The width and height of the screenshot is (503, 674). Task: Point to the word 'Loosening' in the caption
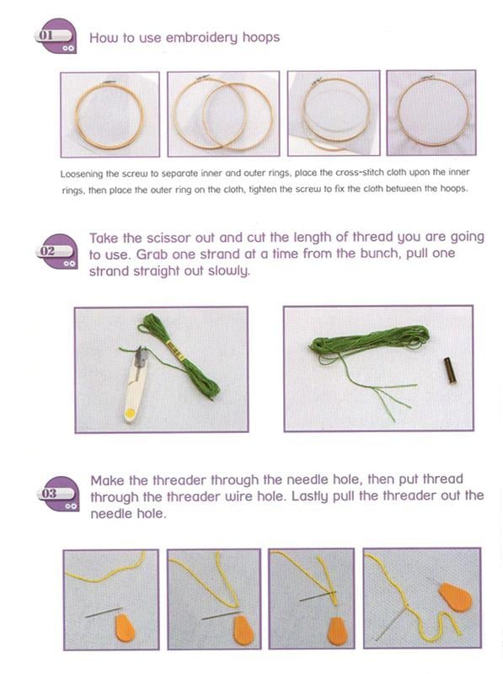85,173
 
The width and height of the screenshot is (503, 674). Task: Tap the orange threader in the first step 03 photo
125,629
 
